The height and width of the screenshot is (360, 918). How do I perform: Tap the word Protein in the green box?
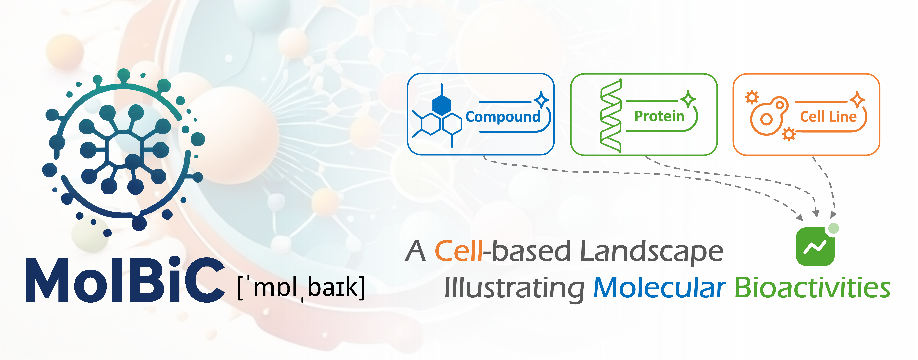coord(659,116)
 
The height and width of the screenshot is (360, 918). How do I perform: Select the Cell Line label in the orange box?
coord(828,117)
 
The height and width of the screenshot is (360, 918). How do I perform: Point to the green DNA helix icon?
coord(611,116)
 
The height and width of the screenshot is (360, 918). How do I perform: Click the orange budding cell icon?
coord(769,116)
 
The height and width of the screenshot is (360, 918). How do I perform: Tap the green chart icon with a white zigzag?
coord(815,247)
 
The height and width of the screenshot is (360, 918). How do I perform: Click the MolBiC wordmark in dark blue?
coord(125,280)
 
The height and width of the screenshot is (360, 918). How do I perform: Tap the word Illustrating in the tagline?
coord(514,289)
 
